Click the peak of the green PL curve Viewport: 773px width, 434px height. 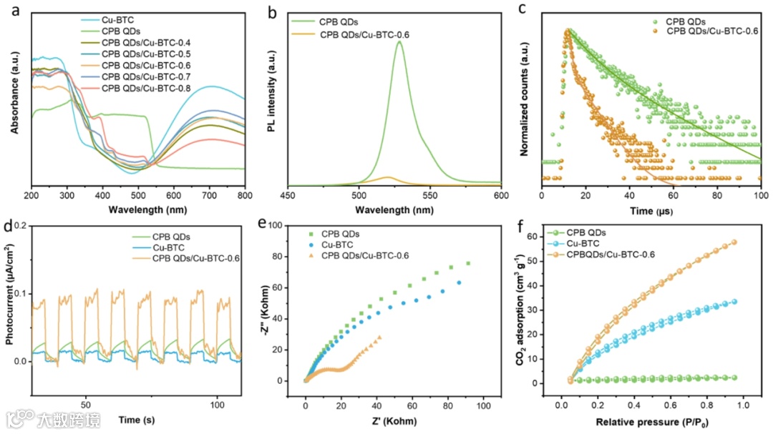point(399,41)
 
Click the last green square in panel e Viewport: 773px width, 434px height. point(468,263)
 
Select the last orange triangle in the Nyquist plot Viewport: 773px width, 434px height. point(379,337)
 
